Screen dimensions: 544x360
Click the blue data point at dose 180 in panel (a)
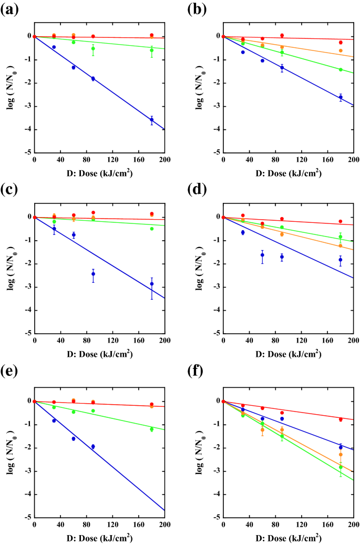(152, 120)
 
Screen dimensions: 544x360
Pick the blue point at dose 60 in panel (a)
(74, 67)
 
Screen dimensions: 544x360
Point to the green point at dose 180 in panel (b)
(341, 69)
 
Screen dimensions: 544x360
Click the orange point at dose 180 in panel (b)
(341, 50)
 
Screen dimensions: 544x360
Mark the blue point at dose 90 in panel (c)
(93, 274)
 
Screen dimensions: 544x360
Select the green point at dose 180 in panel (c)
(152, 229)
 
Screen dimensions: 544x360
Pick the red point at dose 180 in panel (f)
(341, 419)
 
